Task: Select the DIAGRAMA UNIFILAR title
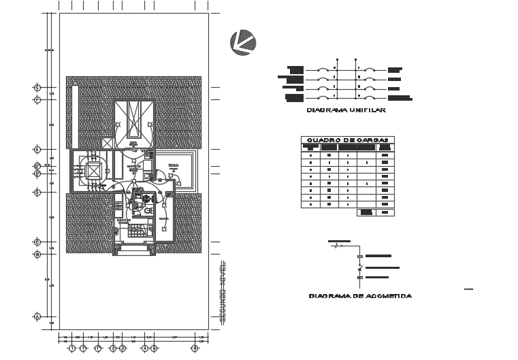346,110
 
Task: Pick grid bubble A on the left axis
37,316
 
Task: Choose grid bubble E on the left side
37,149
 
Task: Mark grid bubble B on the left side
37,255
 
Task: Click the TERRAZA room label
174,165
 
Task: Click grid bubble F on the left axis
37,100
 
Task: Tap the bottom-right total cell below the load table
386,212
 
